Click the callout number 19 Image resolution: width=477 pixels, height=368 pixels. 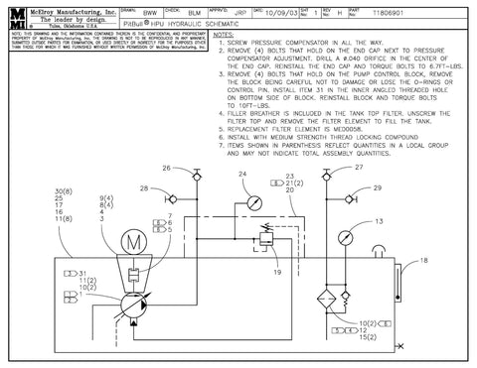[x=278, y=270]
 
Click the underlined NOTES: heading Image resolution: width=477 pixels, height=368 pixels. [x=227, y=34]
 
